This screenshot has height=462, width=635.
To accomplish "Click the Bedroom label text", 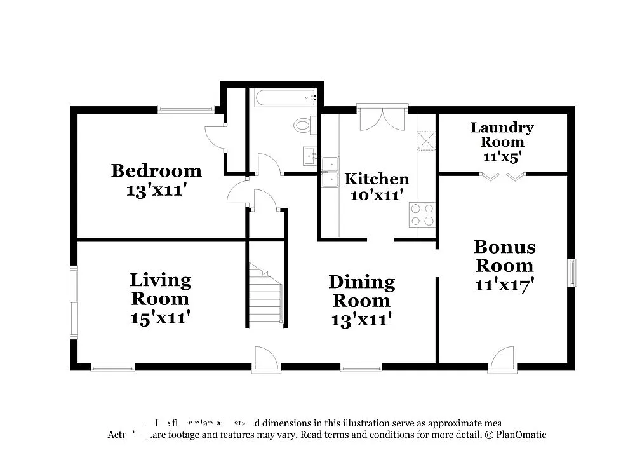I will tap(156, 170).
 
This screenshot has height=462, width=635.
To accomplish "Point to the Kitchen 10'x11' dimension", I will tap(377, 195).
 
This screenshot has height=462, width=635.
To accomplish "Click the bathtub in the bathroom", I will tap(285, 98).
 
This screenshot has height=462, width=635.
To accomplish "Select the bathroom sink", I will tap(310, 155).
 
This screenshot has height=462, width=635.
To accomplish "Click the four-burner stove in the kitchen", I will tap(422, 214).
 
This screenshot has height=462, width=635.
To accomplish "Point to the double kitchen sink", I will tap(330, 172).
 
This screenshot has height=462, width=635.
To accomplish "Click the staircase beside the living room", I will tap(265, 296).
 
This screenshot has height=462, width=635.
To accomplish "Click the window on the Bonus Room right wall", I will tap(571, 272).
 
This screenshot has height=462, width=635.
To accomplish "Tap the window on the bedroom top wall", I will tap(186, 109).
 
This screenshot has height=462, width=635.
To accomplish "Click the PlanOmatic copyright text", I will tap(514, 435).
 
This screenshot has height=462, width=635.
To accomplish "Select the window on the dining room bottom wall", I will tap(361, 367).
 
